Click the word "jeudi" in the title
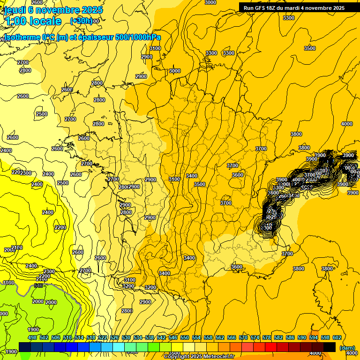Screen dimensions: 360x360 pyautogui.click(x=15, y=10)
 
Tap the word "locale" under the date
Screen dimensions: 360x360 pyautogui.click(x=45, y=21)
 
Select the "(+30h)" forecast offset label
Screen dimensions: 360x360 pyautogui.click(x=81, y=21)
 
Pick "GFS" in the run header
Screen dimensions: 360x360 pyautogui.click(x=263, y=8)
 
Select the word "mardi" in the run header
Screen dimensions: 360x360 pyautogui.click(x=302, y=8)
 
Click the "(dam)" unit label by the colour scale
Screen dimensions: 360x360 pyautogui.click(x=346, y=348)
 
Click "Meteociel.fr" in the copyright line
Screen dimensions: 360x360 pyautogui.click(x=218, y=357)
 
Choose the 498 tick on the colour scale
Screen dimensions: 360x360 pyautogui.click(x=32, y=337)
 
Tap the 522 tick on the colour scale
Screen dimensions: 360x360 pyautogui.click(x=103, y=337)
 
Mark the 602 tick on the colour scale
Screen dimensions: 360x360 pyautogui.click(x=337, y=337)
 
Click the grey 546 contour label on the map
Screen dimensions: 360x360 pyautogui.click(x=39, y=285)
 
